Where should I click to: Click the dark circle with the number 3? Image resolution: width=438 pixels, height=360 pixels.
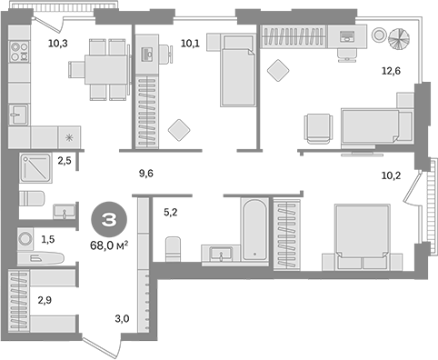(x=108, y=219)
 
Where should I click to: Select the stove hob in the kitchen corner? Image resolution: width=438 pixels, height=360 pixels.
(x=18, y=53)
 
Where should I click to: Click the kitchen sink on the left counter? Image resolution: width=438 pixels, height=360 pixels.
(x=18, y=114)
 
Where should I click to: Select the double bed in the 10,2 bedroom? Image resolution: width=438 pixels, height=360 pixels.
(x=362, y=233)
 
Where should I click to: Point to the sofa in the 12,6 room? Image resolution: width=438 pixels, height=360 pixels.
(x=368, y=125)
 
